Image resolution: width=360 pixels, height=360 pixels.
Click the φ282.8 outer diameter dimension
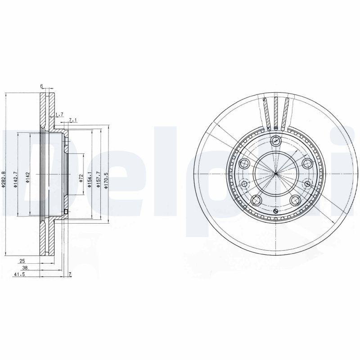3,180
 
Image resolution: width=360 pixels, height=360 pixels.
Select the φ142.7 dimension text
15,180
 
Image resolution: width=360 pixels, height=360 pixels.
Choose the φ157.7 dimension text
97,179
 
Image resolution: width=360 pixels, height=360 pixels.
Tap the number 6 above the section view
41,86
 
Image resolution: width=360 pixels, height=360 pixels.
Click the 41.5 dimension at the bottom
19,274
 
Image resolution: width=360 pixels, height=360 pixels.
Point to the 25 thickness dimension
22,261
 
